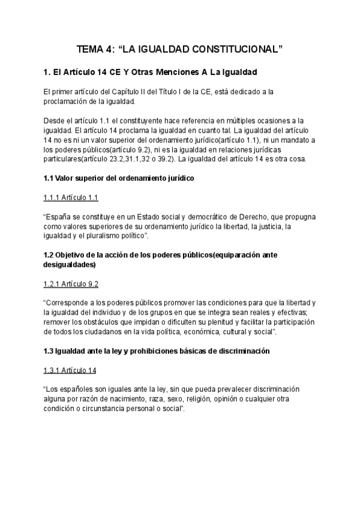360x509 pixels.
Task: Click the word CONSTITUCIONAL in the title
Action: [x=230, y=50]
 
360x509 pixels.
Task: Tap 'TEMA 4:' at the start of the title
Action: [x=94, y=50]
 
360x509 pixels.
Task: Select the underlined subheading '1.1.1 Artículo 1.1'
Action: [x=71, y=197]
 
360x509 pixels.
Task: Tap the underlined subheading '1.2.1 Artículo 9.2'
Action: [x=71, y=284]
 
